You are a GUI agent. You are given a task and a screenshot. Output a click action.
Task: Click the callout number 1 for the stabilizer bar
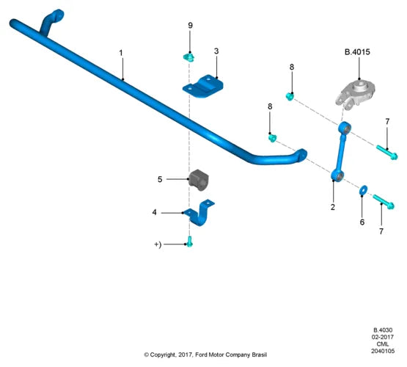(x=121, y=53)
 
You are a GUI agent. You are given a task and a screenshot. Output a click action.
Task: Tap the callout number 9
(x=190, y=26)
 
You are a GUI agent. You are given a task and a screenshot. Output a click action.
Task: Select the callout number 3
(x=216, y=51)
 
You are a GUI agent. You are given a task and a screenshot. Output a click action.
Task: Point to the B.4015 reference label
(x=357, y=52)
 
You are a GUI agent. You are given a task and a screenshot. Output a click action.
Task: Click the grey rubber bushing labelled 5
(x=199, y=180)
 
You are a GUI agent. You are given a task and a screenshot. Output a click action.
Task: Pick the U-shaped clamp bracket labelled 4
(x=199, y=212)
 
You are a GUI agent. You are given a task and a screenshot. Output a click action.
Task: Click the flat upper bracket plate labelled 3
(x=203, y=86)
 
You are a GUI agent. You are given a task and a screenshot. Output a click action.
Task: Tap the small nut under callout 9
(x=188, y=57)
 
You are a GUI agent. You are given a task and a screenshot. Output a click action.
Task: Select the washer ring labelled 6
(x=363, y=190)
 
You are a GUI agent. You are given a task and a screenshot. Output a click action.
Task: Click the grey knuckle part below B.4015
(x=355, y=93)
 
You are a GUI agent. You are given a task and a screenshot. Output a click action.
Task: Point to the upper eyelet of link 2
(x=345, y=128)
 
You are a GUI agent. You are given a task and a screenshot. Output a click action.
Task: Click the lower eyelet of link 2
(x=337, y=176)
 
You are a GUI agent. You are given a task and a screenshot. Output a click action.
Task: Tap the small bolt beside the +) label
(x=190, y=241)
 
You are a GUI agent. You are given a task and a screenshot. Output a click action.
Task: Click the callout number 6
(x=362, y=222)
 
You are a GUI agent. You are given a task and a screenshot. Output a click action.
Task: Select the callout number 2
(x=333, y=207)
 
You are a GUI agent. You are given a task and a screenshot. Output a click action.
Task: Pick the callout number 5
(x=160, y=179)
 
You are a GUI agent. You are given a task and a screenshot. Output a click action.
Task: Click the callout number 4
(x=155, y=212)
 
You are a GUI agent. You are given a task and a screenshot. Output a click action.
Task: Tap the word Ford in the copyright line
(x=201, y=355)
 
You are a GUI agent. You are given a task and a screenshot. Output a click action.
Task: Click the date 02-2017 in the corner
(x=383, y=337)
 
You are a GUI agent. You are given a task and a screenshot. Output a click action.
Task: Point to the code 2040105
(x=383, y=351)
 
